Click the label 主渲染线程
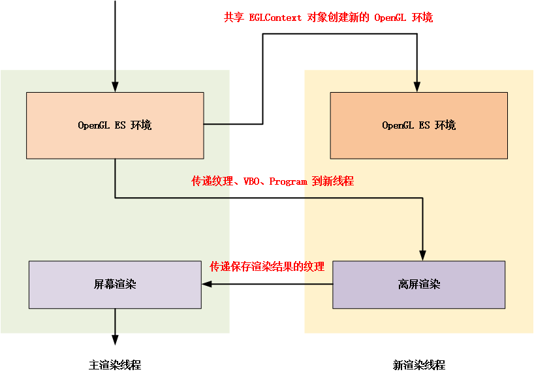pyautogui.click(x=115, y=366)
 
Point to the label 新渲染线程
pyautogui.click(x=418, y=366)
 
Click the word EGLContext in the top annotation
pyautogui.click(x=275, y=18)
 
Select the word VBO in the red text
pyautogui.click(x=252, y=181)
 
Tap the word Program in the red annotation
pyautogui.click(x=288, y=181)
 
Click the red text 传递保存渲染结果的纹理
pyautogui.click(x=267, y=267)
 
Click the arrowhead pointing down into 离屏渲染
pyautogui.click(x=423, y=256)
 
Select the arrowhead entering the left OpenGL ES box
pyautogui.click(x=115, y=87)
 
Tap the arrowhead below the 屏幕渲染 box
pyautogui.click(x=115, y=339)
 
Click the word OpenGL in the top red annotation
pyautogui.click(x=390, y=18)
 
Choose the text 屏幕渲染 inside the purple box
pyautogui.click(x=115, y=285)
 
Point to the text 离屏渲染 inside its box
pyautogui.click(x=418, y=285)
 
